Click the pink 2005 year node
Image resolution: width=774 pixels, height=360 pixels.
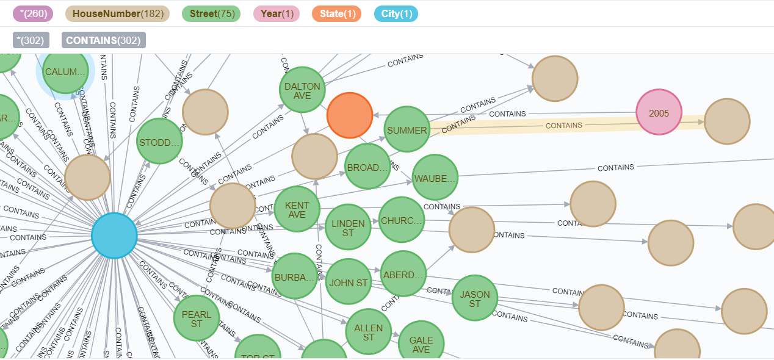click(x=659, y=113)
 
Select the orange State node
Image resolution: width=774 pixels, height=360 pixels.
click(x=350, y=115)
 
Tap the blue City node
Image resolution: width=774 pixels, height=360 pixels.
click(x=114, y=236)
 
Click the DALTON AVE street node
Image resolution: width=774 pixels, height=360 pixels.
click(x=302, y=90)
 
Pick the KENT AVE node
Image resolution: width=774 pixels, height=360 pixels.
click(x=297, y=209)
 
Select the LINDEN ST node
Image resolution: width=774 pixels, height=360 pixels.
click(x=348, y=227)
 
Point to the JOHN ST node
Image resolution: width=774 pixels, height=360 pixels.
click(x=348, y=282)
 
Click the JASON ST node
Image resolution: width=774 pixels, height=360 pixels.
click(x=475, y=298)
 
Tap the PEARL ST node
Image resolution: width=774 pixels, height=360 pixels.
click(x=196, y=319)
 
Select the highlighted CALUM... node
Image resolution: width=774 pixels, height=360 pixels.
click(x=65, y=71)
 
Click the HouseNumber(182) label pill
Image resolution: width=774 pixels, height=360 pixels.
click(x=117, y=13)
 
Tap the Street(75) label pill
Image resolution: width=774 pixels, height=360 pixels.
click(x=211, y=13)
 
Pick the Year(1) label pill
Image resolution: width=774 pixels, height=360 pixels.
click(x=277, y=13)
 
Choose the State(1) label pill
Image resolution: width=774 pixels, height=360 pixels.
click(x=336, y=13)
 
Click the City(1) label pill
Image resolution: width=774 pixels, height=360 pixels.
click(x=396, y=13)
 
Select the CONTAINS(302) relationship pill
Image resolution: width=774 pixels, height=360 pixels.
click(x=104, y=40)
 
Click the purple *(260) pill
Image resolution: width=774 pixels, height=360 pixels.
click(x=32, y=13)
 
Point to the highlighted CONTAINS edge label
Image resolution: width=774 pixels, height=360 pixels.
click(x=563, y=125)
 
